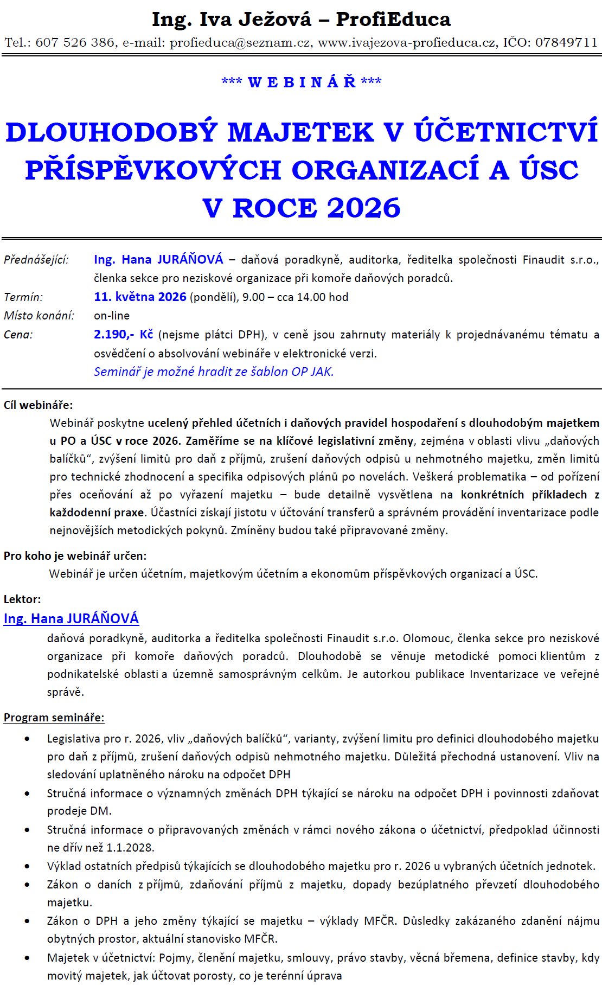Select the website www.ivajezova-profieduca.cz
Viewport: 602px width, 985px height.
(x=406, y=42)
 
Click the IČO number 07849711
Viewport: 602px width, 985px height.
(x=566, y=42)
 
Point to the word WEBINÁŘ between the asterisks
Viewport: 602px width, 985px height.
(x=302, y=82)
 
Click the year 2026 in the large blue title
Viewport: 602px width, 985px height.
(x=363, y=208)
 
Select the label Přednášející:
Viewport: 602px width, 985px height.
(x=36, y=260)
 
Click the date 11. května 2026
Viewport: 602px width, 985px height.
(x=140, y=297)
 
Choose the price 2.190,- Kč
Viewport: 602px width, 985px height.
(x=123, y=334)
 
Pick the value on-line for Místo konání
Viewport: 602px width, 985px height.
(x=112, y=316)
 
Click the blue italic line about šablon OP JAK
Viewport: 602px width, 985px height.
(x=214, y=372)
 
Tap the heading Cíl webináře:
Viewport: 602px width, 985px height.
(x=38, y=405)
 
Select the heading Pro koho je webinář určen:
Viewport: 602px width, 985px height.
(x=75, y=555)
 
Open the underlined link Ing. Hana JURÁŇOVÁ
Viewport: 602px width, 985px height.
(x=71, y=618)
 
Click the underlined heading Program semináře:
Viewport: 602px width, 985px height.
(x=54, y=717)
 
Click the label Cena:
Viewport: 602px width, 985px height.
(x=18, y=335)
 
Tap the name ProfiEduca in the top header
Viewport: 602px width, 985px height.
(x=393, y=20)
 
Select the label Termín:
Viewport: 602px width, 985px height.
(x=23, y=297)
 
